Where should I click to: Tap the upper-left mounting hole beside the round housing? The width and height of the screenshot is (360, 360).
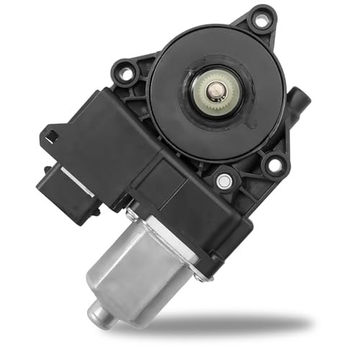127,73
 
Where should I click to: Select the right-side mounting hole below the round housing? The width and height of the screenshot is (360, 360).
274,165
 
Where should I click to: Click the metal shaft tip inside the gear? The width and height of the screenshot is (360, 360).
215,90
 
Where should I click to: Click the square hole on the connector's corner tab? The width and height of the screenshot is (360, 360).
51,134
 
